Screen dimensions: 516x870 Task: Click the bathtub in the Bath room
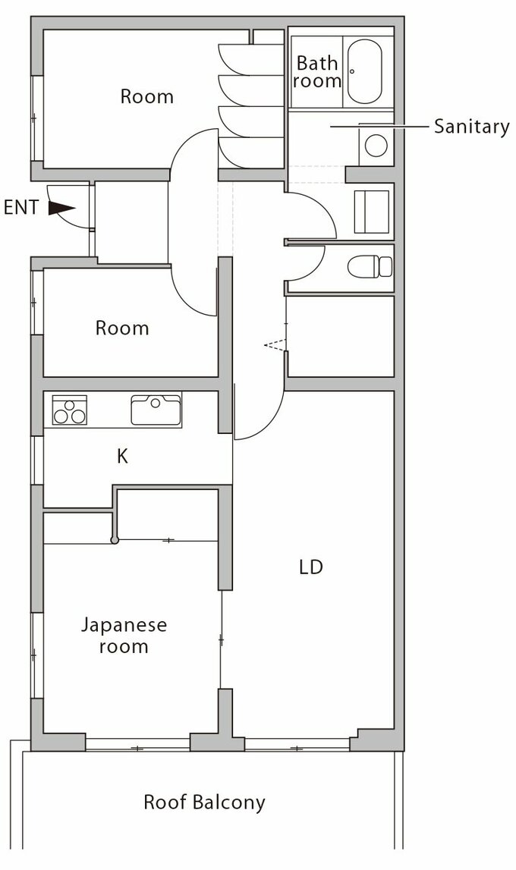coord(364,71)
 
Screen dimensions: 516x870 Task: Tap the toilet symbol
coord(370,266)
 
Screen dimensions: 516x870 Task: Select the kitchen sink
coord(156,410)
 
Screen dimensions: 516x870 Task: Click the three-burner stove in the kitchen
coord(69,410)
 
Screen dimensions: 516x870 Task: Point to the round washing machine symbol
coord(376,146)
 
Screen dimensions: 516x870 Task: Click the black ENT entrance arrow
coord(61,208)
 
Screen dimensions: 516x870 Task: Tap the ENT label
coord(21,208)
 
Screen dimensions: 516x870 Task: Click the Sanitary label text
coord(472,127)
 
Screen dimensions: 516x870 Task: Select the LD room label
coord(310,567)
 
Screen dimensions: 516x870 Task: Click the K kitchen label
coord(123,456)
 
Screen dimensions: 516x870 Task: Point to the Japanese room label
coord(124,636)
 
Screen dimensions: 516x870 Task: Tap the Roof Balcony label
coord(204,802)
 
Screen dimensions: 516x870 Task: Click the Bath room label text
coord(317,71)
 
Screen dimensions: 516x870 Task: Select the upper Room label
coord(147,96)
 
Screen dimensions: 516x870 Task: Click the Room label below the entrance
coord(122,328)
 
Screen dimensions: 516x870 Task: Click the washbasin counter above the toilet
coord(372,212)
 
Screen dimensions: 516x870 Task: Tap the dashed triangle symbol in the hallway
coord(275,345)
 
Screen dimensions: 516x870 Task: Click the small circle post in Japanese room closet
coord(115,540)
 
